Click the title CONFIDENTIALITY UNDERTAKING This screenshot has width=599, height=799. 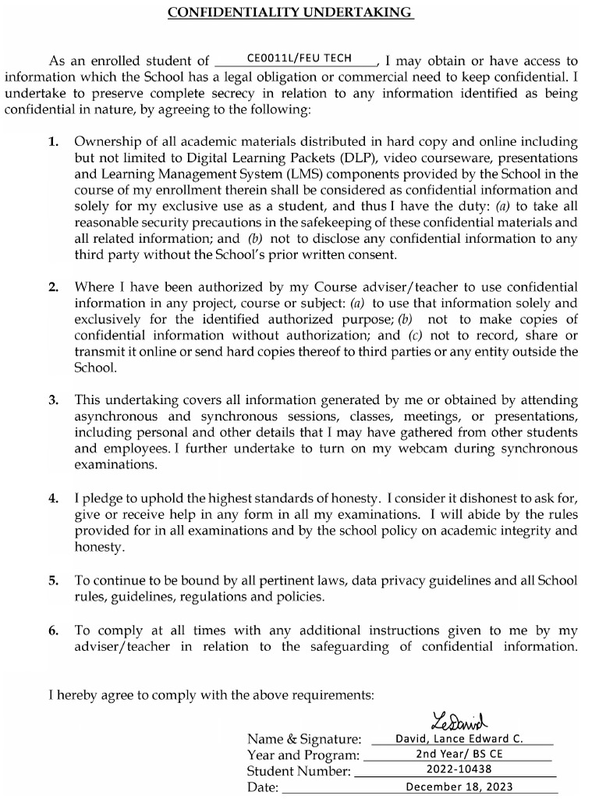tap(290, 12)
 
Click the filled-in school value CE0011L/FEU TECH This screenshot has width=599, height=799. tap(299, 59)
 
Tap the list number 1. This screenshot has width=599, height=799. tap(53, 142)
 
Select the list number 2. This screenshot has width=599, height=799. tap(53, 287)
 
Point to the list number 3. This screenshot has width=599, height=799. tap(53, 400)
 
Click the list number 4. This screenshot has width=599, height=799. tap(53, 498)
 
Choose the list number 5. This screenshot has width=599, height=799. tap(53, 581)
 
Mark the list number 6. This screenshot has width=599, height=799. tap(53, 630)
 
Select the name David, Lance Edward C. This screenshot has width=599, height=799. tap(459, 738)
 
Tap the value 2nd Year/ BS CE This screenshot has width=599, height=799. tap(459, 755)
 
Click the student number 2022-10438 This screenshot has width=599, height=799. tap(459, 770)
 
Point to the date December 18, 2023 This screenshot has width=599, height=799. tap(459, 787)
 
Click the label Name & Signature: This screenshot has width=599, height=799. tap(304, 739)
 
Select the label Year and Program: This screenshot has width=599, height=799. tap(303, 755)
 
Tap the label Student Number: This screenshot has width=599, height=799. tap(299, 772)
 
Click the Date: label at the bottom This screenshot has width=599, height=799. tap(263, 788)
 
